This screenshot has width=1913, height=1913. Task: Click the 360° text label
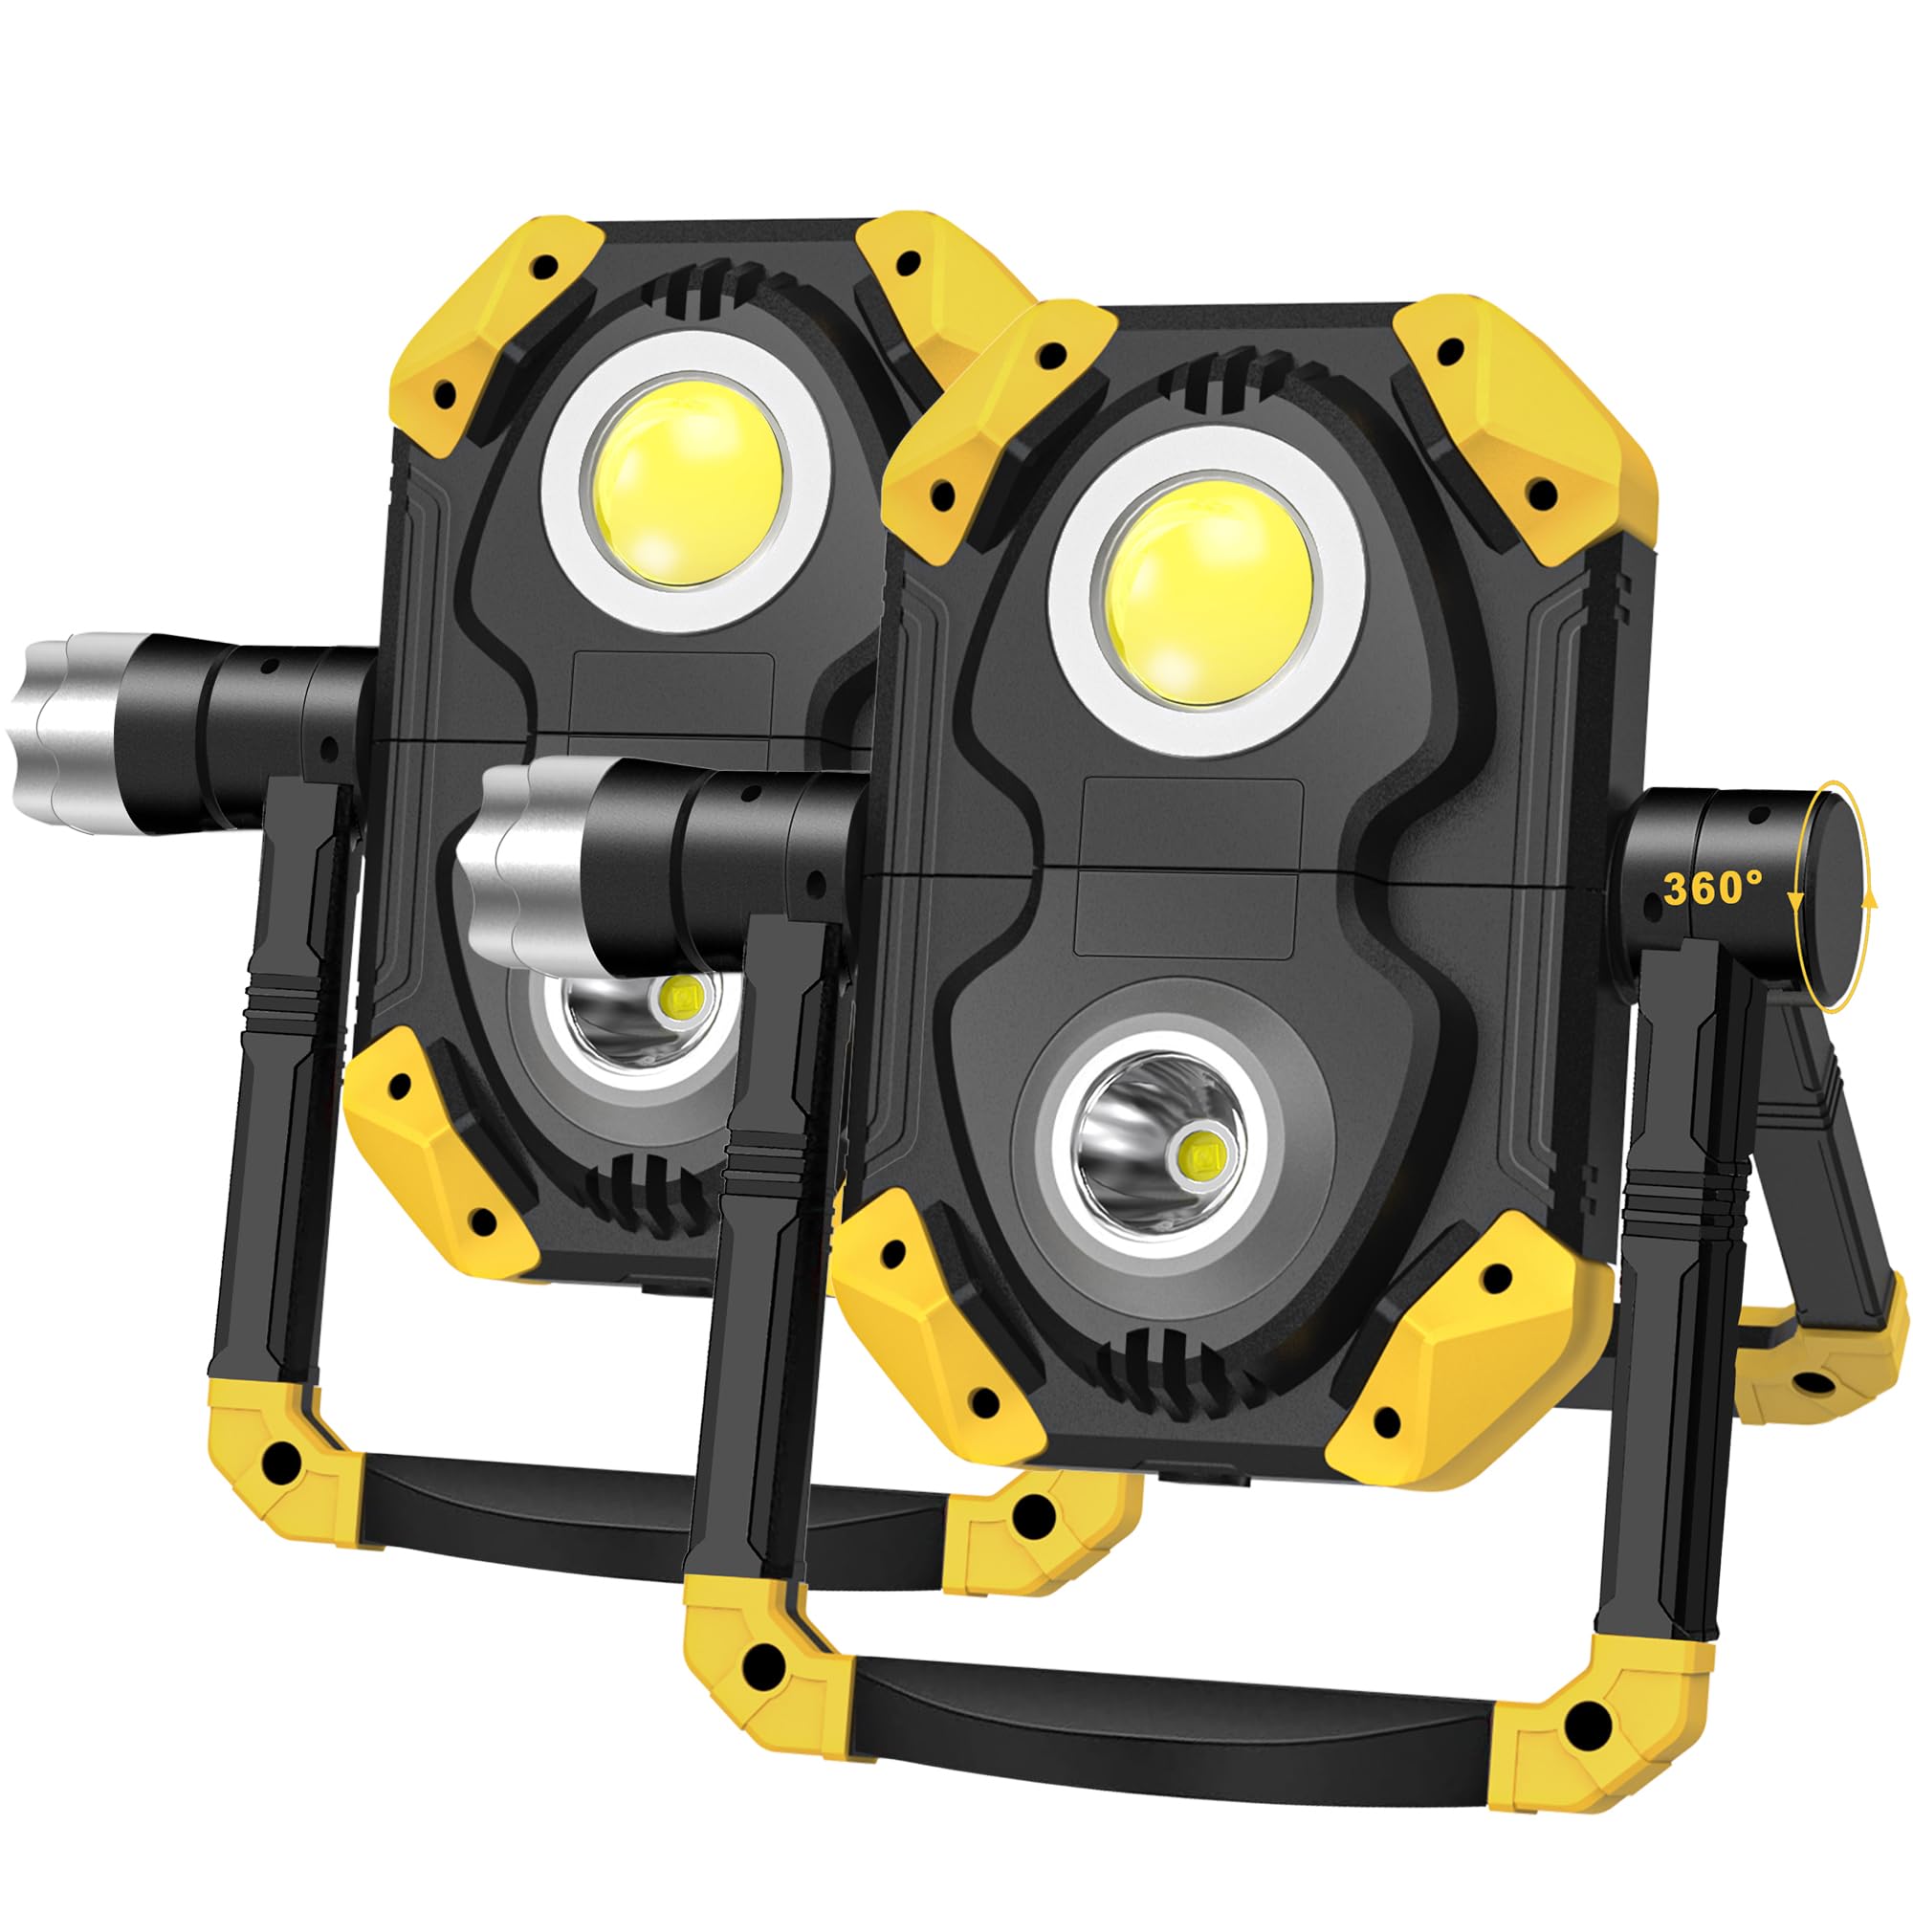click(x=1713, y=889)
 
